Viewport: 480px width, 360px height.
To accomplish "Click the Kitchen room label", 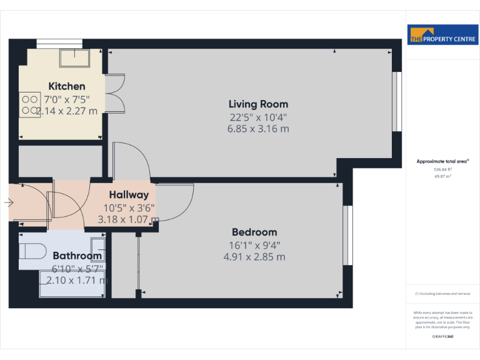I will click(x=67, y=86).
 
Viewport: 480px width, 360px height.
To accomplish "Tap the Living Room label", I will click(x=258, y=104).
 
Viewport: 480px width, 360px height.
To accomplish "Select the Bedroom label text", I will click(x=254, y=232).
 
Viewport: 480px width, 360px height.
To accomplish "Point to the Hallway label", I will click(x=129, y=195).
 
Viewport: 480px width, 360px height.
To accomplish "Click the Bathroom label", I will click(x=77, y=256).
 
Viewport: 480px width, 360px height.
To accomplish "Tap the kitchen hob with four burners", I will click(x=29, y=104).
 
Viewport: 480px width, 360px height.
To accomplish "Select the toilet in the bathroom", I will click(x=31, y=251).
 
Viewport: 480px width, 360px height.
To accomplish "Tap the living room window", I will click(x=396, y=102).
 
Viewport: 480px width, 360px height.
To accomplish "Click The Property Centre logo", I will click(x=442, y=35).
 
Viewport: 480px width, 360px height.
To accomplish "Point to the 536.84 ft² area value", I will click(x=442, y=169).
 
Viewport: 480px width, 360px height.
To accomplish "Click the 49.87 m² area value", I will click(x=442, y=176).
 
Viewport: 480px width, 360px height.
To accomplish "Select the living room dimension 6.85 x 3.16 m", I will click(x=258, y=129).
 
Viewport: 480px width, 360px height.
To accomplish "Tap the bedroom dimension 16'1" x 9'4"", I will click(x=254, y=245).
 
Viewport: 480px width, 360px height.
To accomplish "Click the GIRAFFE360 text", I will click(x=442, y=337).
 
